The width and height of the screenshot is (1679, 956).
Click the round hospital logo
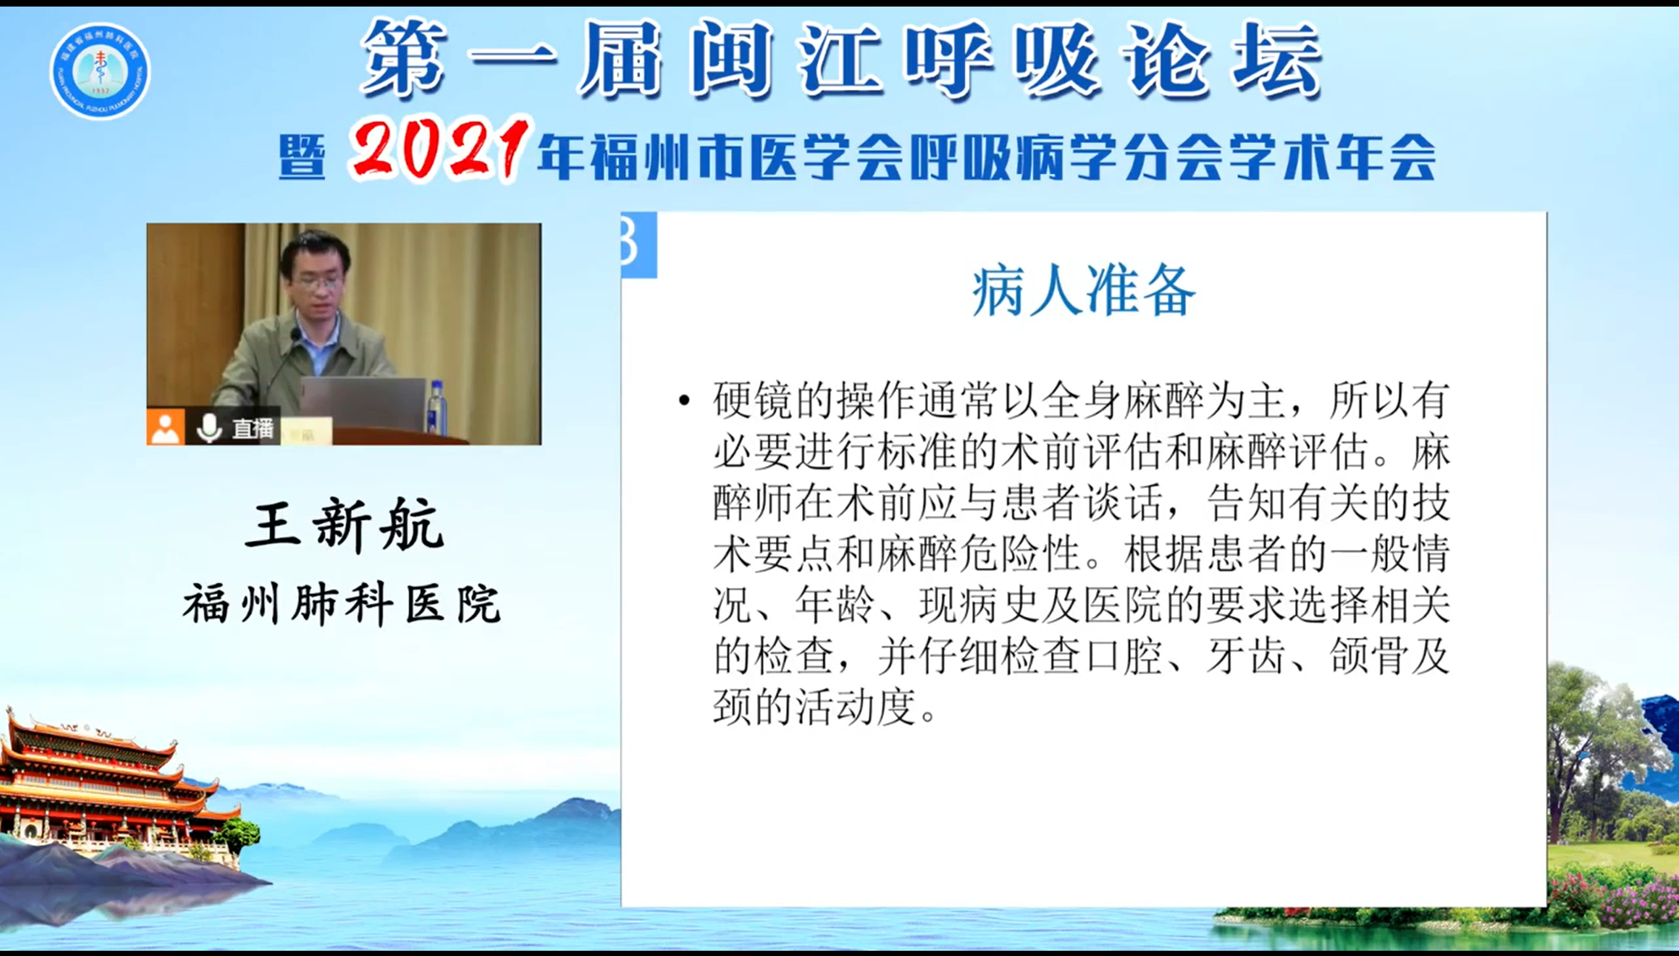[100, 71]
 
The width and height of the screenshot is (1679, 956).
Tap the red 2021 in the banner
[439, 149]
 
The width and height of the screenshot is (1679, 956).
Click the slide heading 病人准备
[1083, 291]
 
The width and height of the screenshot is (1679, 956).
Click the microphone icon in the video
[209, 428]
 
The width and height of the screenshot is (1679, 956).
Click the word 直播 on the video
[253, 429]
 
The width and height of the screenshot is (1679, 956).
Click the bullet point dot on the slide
[685, 400]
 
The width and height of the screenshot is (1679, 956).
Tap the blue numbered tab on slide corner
[639, 245]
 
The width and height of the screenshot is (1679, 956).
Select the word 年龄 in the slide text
[834, 605]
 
